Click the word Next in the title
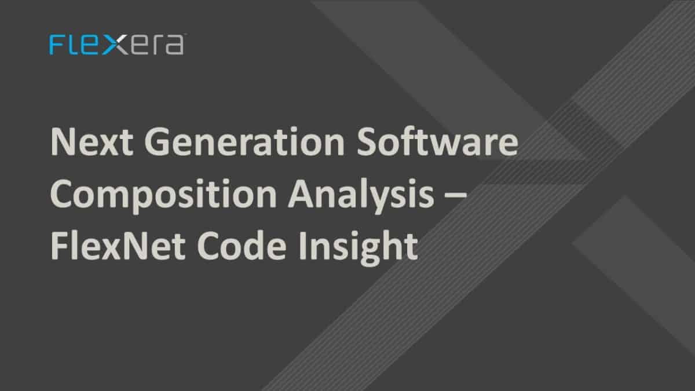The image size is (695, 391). [x=86, y=142]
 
